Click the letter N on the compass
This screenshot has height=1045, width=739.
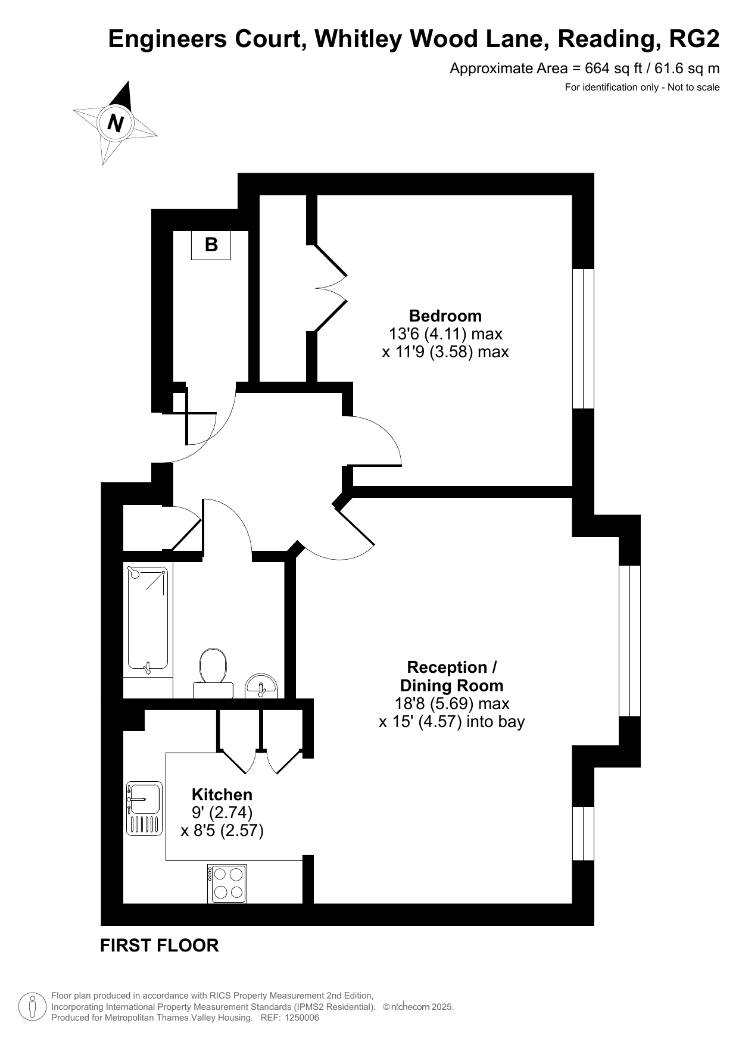(x=116, y=123)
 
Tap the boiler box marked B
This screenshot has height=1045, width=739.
(x=211, y=245)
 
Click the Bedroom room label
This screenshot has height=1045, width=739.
(x=445, y=316)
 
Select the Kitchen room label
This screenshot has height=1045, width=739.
(x=222, y=794)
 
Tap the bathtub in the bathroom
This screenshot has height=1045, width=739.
(x=148, y=620)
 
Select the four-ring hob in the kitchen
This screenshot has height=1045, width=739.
(x=227, y=883)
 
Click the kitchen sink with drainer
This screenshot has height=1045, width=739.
(x=144, y=808)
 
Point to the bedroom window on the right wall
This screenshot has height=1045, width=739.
(x=583, y=339)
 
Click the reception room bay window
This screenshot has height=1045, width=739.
(x=629, y=641)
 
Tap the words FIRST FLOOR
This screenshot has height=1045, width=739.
(x=160, y=945)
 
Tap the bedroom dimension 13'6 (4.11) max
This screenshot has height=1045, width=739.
(x=445, y=333)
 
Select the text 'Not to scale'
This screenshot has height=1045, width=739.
(x=694, y=88)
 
